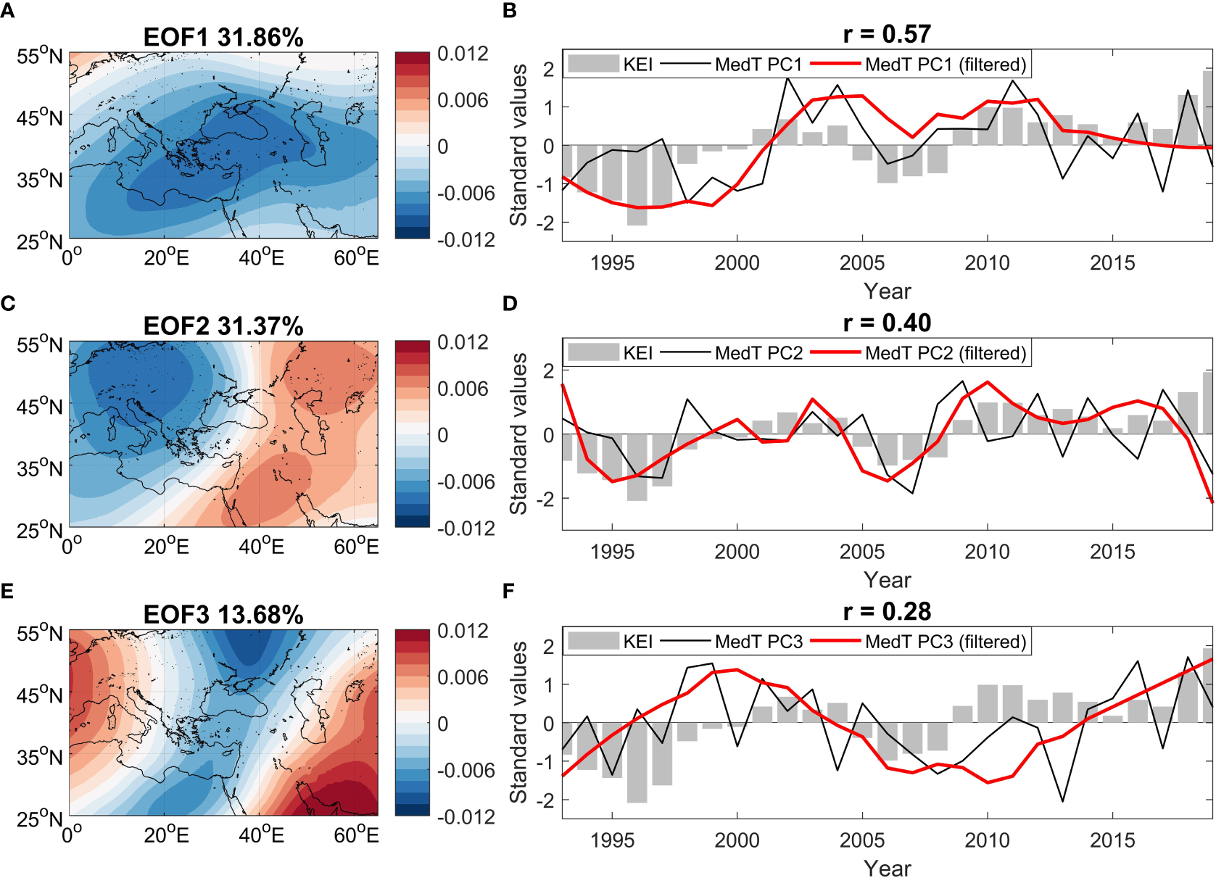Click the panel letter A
pyautogui.click(x=8, y=12)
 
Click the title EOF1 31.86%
pyautogui.click(x=223, y=38)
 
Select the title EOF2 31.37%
pyautogui.click(x=223, y=326)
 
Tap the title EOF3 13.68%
pyautogui.click(x=223, y=615)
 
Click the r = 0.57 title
pyautogui.click(x=886, y=34)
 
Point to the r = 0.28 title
pyautogui.click(x=886, y=611)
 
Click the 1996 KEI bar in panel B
pyautogui.click(x=637, y=185)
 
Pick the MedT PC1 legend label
pyautogui.click(x=758, y=65)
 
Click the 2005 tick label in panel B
pyautogui.click(x=861, y=262)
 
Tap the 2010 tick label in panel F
pyautogui.click(x=986, y=840)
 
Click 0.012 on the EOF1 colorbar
pyautogui.click(x=463, y=54)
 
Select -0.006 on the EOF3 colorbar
pyautogui.click(x=466, y=770)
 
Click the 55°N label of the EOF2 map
pyautogui.click(x=40, y=344)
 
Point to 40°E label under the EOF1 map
pyautogui.click(x=261, y=257)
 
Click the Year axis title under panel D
pyautogui.click(x=886, y=579)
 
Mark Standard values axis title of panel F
pyautogui.click(x=518, y=722)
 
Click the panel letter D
pyautogui.click(x=509, y=303)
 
